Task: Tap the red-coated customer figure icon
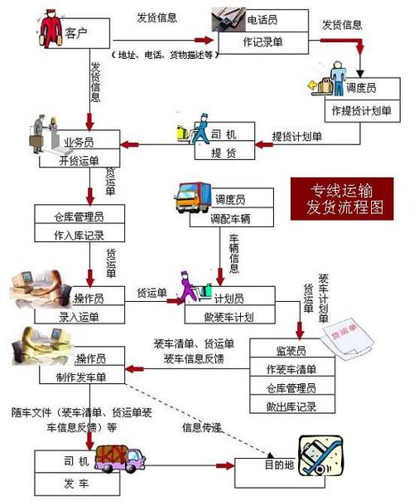coord(51,31)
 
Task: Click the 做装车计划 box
coord(229,316)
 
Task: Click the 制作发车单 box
coord(80,376)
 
